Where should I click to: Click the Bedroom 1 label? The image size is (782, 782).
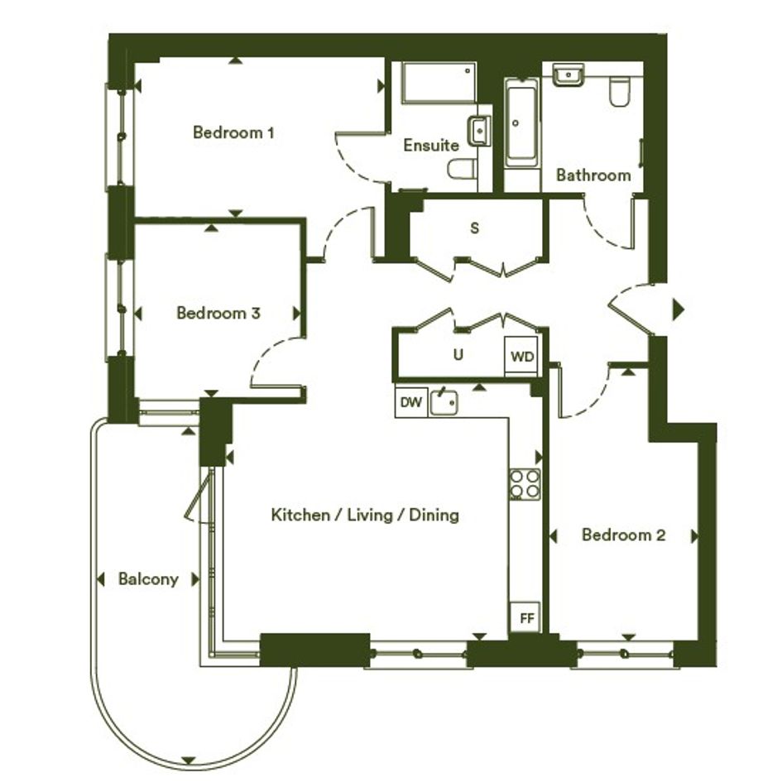(x=233, y=132)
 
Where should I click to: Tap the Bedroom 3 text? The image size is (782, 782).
(x=218, y=313)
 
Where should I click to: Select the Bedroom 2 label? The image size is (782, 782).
(x=623, y=535)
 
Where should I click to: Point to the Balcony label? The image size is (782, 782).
(x=148, y=579)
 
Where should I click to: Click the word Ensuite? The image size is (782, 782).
(x=431, y=145)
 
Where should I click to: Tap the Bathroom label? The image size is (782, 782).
(x=593, y=175)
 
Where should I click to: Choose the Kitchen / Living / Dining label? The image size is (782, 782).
(x=365, y=515)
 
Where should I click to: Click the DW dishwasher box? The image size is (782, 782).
(x=411, y=402)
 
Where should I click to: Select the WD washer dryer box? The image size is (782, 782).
(x=521, y=357)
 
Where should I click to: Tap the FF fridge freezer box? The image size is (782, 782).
(x=525, y=618)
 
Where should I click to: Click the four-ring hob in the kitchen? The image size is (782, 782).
(x=525, y=484)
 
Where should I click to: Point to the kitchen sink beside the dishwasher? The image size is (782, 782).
(x=444, y=401)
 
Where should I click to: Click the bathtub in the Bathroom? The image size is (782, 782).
(x=521, y=122)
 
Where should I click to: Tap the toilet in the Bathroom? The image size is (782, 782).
(x=620, y=91)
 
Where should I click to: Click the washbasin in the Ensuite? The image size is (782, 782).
(x=478, y=131)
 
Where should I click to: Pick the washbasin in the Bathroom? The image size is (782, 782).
(x=568, y=74)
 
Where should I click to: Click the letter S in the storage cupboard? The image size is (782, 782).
(x=475, y=228)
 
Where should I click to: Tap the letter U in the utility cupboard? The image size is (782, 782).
(x=458, y=355)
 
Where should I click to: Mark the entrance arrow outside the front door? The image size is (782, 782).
(x=679, y=309)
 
